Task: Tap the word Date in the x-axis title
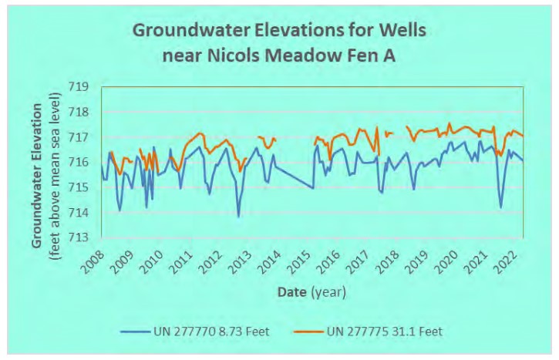[x=293, y=292]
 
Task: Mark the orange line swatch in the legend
[x=309, y=331]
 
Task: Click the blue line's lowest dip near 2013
[x=238, y=217]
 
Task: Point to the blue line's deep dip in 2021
[x=500, y=207]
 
